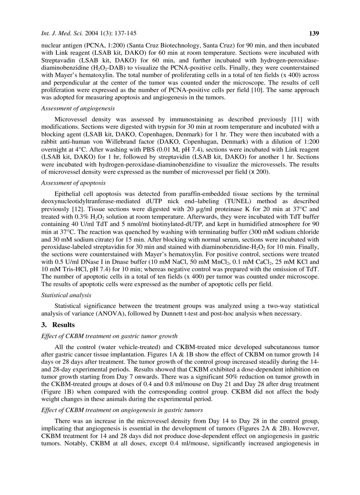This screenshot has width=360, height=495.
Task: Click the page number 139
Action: [x=314, y=33]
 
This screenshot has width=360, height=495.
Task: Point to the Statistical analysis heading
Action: [x=66, y=295]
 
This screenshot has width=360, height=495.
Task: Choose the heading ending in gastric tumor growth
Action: [x=109, y=336]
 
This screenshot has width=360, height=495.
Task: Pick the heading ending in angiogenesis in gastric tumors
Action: [x=120, y=410]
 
